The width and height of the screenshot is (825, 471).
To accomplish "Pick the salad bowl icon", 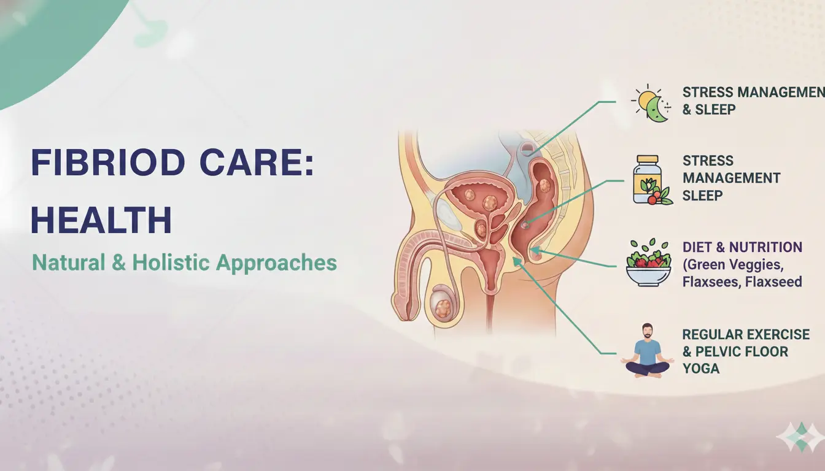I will [x=648, y=263].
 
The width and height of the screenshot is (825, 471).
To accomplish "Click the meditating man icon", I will [x=646, y=350].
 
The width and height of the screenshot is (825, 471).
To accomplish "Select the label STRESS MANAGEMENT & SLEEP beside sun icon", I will [x=753, y=101].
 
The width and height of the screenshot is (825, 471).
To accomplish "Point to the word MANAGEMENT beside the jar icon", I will [x=731, y=178].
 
